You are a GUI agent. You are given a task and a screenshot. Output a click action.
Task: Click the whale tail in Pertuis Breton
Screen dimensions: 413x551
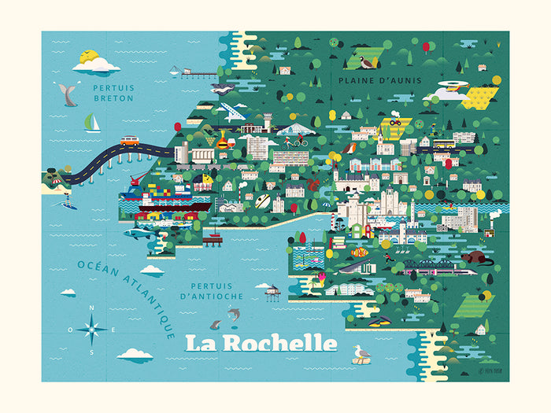coord(68,95)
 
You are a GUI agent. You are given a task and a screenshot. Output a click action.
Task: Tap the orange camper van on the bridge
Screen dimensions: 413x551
coord(130,142)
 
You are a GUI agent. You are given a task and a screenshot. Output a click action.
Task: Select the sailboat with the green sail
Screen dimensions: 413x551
coord(92,123)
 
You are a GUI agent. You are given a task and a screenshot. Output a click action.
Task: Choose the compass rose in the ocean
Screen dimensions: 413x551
coord(92,329)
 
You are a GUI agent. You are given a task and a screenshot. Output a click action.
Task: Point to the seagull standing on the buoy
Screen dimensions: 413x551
coord(361,354)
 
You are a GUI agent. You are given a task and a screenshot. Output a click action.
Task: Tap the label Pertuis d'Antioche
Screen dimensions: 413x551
coord(210,290)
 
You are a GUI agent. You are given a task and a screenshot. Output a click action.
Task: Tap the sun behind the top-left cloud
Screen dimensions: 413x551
coord(89,57)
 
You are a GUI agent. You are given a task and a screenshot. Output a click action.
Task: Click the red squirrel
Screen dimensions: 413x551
coord(312,185)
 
